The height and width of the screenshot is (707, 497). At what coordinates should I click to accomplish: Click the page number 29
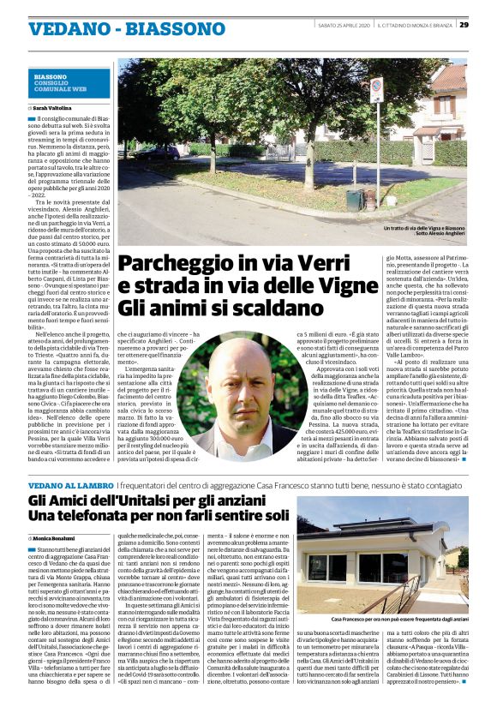pos(486,24)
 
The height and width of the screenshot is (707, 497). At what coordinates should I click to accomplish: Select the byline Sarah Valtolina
pos(54,109)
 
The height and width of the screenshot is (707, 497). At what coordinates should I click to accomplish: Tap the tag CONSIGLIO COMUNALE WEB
pos(59,85)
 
